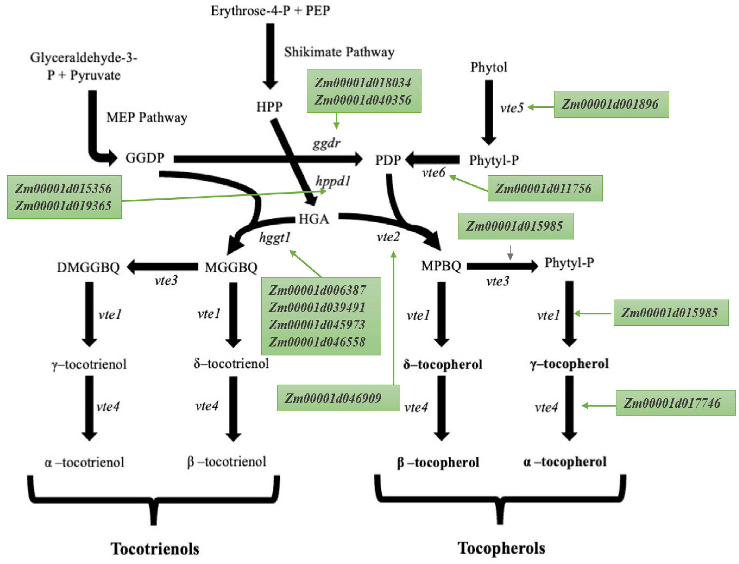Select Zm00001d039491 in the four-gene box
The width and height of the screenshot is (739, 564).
pyautogui.click(x=317, y=307)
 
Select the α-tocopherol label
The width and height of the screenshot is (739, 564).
pyautogui.click(x=564, y=462)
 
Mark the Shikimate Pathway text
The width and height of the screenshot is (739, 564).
pyautogui.click(x=339, y=52)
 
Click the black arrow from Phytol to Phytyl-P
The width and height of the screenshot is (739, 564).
pyautogui.click(x=489, y=111)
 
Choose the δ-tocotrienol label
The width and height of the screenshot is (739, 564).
pyautogui.click(x=231, y=363)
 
